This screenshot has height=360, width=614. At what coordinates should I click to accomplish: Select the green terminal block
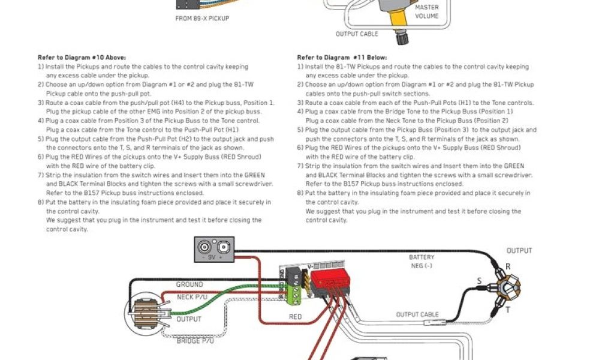(x=294, y=294)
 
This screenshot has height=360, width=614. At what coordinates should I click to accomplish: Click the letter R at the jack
(x=508, y=266)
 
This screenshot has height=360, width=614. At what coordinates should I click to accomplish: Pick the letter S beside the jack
(x=479, y=281)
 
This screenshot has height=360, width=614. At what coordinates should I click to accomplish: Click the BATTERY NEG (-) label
(x=422, y=262)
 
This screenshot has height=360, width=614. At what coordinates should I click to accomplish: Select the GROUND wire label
(x=189, y=284)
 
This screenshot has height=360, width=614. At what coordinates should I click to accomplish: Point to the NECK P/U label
(x=192, y=296)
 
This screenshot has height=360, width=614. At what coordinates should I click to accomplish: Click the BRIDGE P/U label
(x=195, y=341)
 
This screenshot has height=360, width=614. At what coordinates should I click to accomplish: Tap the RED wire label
(x=296, y=317)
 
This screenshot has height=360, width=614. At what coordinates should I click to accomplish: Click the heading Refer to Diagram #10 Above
(x=82, y=58)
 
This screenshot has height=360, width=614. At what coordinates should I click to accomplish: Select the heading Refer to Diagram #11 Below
(x=340, y=58)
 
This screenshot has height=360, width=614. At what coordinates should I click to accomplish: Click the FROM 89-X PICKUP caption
(x=202, y=19)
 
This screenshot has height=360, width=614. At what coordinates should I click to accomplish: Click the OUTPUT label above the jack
(x=519, y=251)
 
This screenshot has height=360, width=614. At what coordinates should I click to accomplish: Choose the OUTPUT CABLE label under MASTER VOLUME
(x=357, y=34)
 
